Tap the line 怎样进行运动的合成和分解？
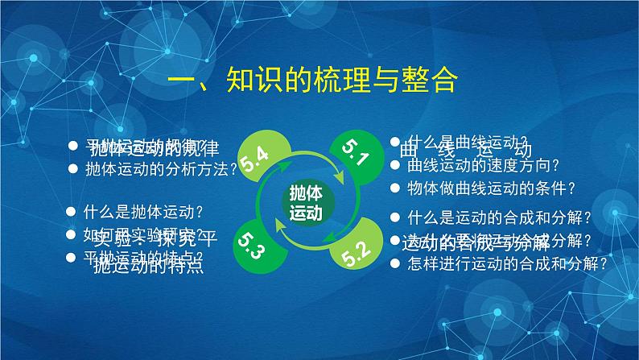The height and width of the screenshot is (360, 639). pos(507,262)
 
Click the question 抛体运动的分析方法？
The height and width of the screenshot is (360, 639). pos(161,168)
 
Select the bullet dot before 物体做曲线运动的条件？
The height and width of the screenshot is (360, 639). pos(395,188)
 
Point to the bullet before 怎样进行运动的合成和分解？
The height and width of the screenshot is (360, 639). pos(395,262)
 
